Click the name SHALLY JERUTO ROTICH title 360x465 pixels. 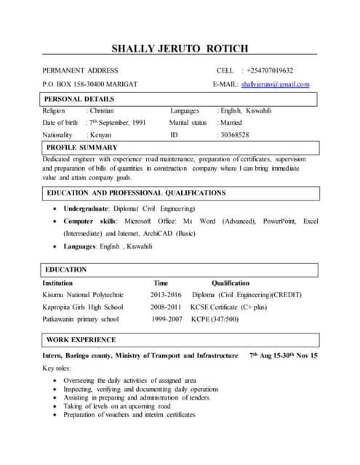click(180, 49)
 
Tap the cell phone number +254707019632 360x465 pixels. click(270, 70)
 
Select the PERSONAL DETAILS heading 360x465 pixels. click(79, 99)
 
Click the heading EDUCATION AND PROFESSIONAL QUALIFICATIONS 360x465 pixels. click(136, 193)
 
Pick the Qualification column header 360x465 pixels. click(231, 283)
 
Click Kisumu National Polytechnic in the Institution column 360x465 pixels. click(83, 295)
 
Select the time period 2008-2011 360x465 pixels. click(166, 307)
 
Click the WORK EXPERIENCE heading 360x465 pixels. click(81, 339)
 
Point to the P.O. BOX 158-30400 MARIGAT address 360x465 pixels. click(90, 84)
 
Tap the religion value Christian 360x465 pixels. click(104, 110)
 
